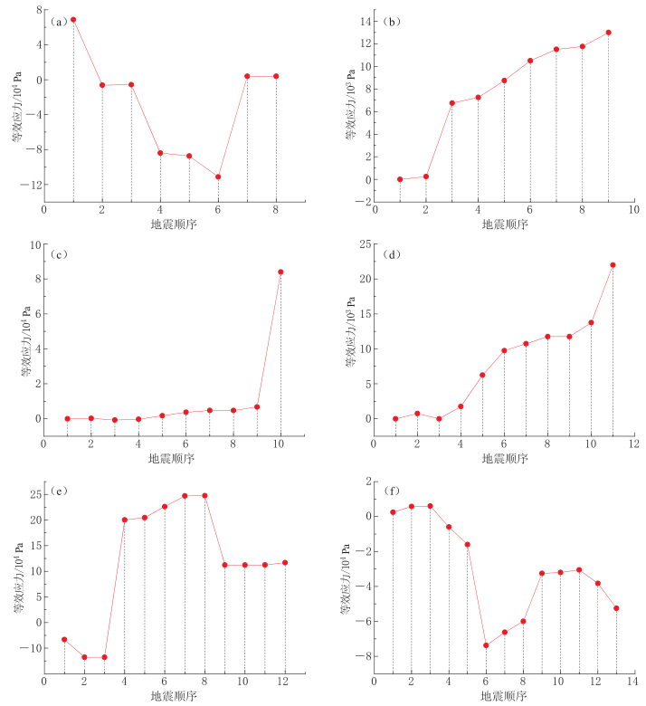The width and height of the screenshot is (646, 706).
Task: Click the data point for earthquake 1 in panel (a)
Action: (x=73, y=19)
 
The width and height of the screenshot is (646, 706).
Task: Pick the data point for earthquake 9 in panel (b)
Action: (x=609, y=33)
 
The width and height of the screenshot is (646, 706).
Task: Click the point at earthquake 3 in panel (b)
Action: (x=452, y=103)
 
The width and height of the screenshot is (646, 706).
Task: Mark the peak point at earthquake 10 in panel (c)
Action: (x=280, y=272)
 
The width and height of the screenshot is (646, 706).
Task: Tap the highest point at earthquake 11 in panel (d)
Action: (x=613, y=265)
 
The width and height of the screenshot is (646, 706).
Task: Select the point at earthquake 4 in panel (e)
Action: (x=124, y=520)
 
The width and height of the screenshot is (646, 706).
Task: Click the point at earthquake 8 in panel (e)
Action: (x=204, y=495)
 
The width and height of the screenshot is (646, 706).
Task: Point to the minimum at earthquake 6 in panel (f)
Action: (x=486, y=645)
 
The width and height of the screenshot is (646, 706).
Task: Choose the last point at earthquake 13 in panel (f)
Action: (x=617, y=608)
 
